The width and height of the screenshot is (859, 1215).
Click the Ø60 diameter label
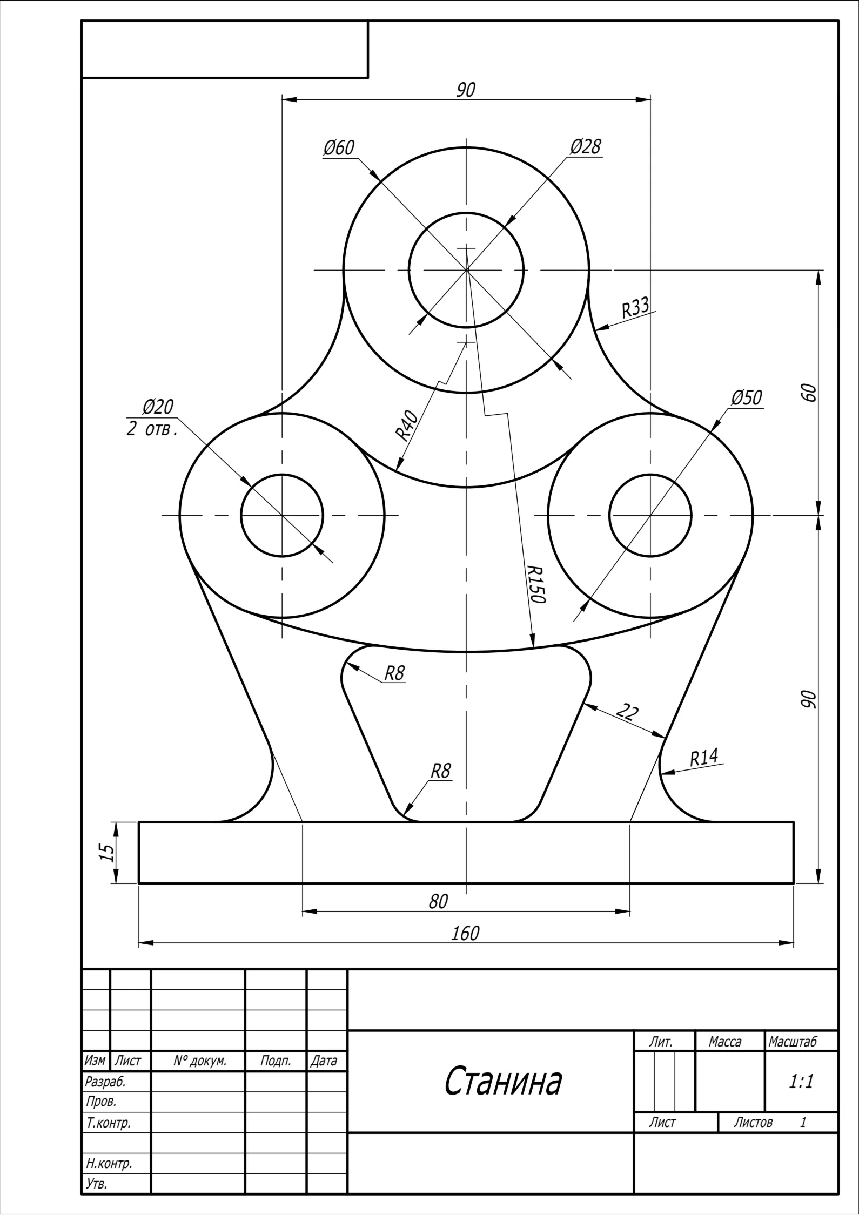coord(339,147)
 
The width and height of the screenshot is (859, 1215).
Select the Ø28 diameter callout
coord(585,146)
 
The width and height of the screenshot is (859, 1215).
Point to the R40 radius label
coord(407,425)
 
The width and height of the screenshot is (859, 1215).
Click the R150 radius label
coord(537,584)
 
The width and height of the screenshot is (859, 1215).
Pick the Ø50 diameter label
coord(747,397)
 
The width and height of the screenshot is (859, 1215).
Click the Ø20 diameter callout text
coord(158,406)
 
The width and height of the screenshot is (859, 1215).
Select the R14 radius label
coord(704,758)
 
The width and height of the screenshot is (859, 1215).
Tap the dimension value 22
coord(627,712)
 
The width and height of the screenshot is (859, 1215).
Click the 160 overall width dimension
coord(465,933)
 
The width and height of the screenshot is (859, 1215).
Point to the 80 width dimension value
coord(438,901)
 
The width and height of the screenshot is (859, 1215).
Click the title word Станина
coord(503,1081)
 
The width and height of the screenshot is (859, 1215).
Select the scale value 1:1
coord(801,1081)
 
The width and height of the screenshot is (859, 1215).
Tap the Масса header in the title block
coord(725,1041)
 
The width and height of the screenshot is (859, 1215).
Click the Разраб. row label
coord(105,1082)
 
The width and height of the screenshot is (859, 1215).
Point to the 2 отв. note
coord(152,430)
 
